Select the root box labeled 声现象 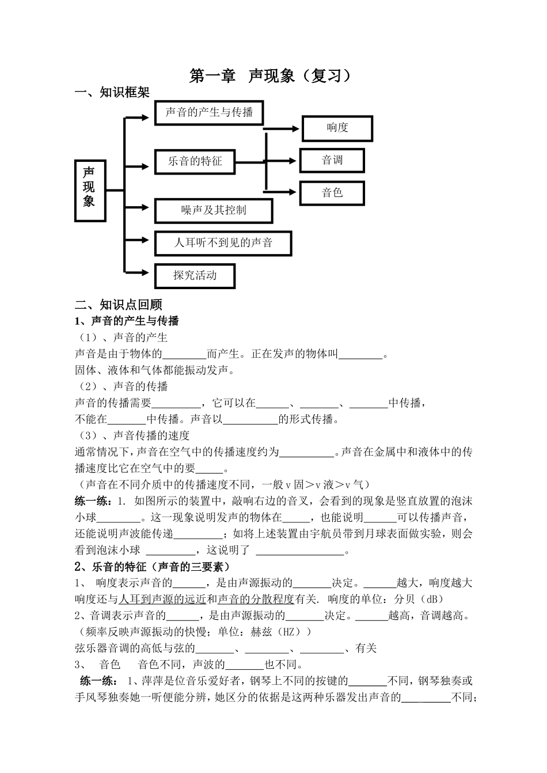[90, 190]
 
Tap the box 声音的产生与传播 [209, 112]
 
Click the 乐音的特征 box [195, 162]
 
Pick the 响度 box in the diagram [337, 128]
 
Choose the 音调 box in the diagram [332, 160]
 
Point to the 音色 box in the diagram [332, 193]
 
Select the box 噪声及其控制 [214, 211]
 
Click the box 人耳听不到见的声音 [223, 243]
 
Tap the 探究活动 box [195, 275]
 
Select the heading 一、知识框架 [112, 93]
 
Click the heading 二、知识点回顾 [119, 305]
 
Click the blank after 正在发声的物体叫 [360, 355]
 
